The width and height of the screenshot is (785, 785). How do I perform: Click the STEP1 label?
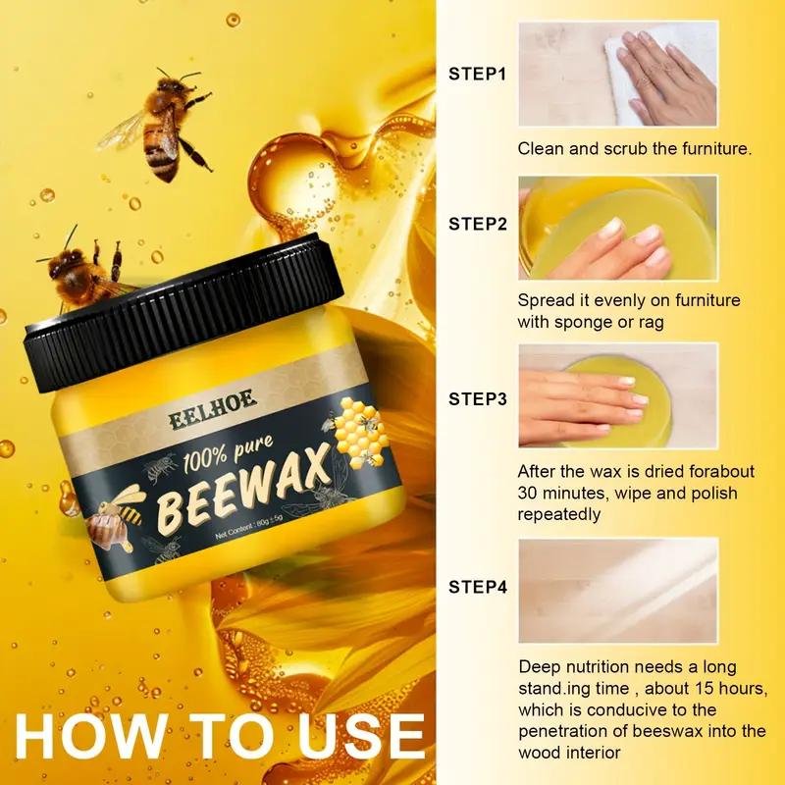[477, 74]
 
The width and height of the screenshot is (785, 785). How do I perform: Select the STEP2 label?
[478, 224]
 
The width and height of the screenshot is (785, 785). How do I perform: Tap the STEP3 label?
[478, 399]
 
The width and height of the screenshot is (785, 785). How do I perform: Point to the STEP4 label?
[478, 587]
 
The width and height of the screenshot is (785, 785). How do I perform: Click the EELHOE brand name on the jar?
[213, 408]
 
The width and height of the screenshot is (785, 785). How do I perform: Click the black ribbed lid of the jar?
[183, 312]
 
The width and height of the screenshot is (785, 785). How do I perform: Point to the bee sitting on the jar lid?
[85, 271]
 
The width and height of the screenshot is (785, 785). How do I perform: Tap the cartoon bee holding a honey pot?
[114, 517]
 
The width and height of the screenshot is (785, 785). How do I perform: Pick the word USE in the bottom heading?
[361, 737]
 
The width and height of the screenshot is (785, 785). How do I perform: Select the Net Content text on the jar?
[249, 527]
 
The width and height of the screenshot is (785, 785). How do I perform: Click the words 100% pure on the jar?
[229, 453]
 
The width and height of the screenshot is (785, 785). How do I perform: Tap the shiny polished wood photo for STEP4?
[618, 591]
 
